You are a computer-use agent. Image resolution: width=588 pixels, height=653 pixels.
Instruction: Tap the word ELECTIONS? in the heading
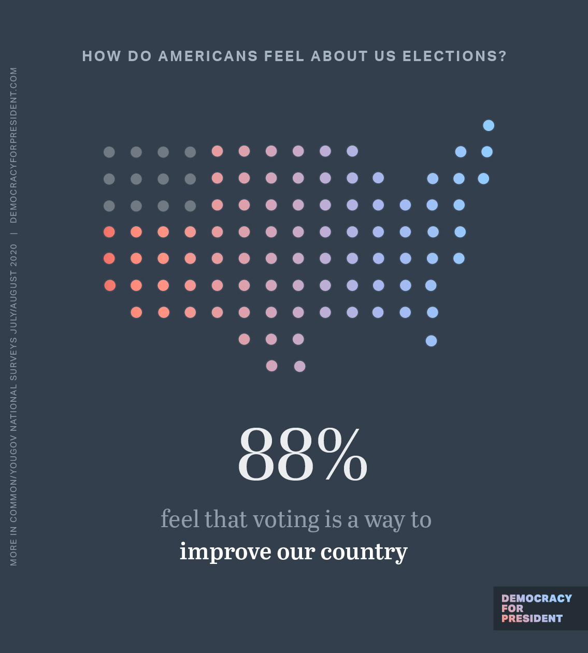(x=454, y=56)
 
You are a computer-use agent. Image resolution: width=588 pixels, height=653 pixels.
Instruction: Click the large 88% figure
(x=302, y=455)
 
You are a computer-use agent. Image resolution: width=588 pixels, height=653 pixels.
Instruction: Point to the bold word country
(x=364, y=552)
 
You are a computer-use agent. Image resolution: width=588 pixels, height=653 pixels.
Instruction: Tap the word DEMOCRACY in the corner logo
(x=537, y=599)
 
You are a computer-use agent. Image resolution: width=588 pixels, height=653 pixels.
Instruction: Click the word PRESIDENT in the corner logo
(x=532, y=618)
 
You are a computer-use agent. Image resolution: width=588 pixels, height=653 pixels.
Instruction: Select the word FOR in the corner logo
(x=512, y=608)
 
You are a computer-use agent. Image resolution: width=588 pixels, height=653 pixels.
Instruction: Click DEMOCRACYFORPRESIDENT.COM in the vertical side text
(x=13, y=145)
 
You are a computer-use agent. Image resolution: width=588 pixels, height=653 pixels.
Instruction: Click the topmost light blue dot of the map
(x=489, y=125)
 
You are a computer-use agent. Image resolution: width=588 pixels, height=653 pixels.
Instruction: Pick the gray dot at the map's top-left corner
(x=109, y=152)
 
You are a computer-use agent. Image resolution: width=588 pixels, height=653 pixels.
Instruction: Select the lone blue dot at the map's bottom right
(x=431, y=341)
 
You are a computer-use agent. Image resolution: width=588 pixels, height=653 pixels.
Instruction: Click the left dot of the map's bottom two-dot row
(x=271, y=366)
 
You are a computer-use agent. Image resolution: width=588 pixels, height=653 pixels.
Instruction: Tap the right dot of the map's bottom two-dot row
(x=299, y=367)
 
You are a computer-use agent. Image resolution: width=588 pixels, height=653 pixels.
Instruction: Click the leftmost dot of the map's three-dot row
(x=244, y=339)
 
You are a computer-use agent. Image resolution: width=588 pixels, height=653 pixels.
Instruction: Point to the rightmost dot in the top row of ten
(x=352, y=151)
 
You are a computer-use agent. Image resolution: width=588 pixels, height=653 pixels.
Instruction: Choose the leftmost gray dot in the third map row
(x=109, y=206)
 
